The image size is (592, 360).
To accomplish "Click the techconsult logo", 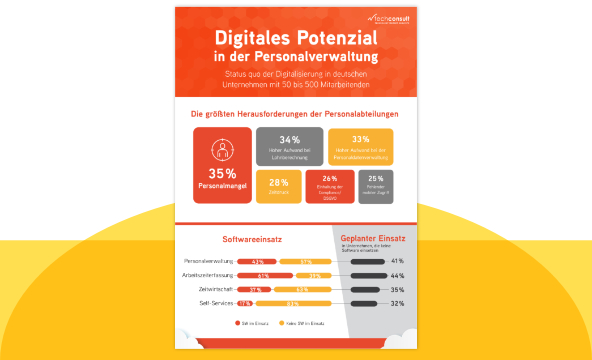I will point(376,18).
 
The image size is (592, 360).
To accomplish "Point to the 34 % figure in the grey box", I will point(290,139).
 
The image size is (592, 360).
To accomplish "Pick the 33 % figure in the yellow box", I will point(361,139).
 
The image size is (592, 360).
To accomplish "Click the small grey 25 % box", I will point(375,184).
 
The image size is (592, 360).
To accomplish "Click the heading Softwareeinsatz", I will point(251,238).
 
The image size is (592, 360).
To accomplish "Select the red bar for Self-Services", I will point(244,302).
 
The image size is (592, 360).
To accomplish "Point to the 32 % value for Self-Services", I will point(397,302).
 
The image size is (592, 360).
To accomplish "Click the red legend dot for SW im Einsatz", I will point(242,324).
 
